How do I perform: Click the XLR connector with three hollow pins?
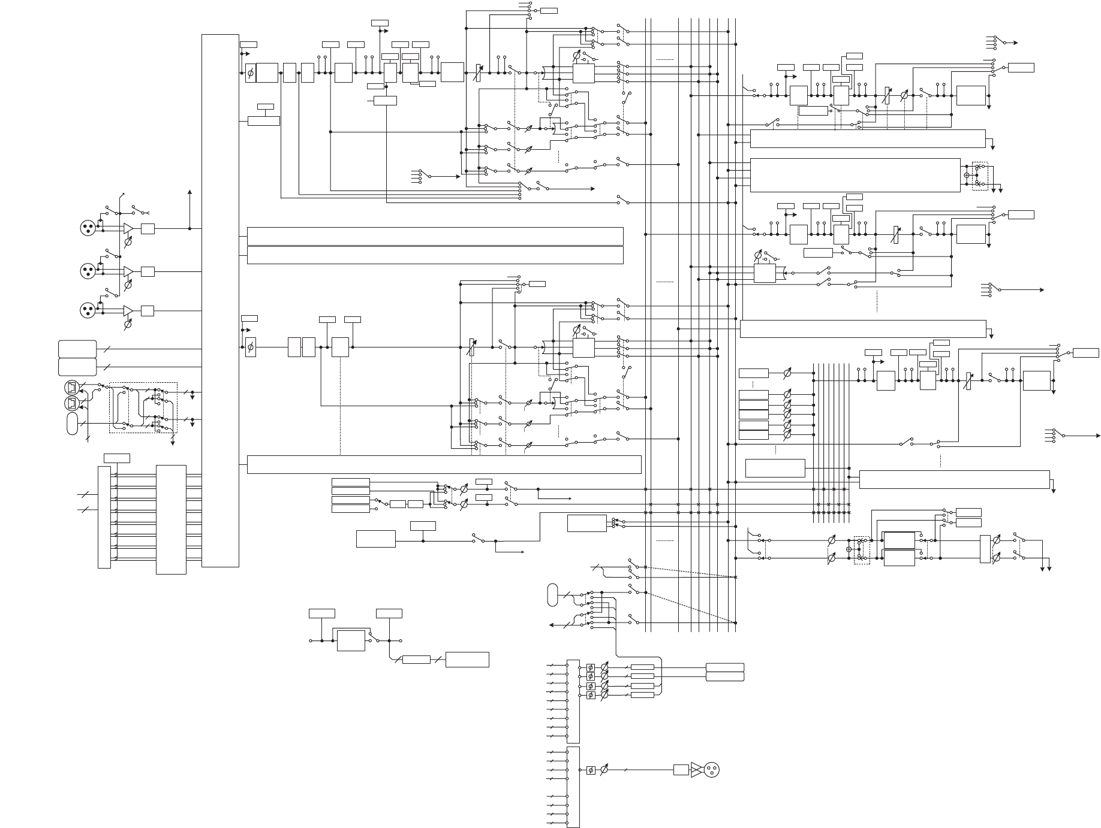point(711,770)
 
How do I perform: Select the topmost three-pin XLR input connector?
point(88,228)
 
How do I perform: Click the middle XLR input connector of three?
point(88,271)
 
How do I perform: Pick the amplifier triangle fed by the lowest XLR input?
point(128,310)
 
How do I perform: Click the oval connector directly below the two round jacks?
point(73,424)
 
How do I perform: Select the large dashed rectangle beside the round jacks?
point(143,407)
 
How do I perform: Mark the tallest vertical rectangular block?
point(220,300)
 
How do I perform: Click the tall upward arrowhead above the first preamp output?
point(190,192)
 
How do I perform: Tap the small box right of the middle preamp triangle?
point(148,271)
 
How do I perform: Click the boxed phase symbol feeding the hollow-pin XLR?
point(591,770)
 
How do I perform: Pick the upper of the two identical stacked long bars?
point(435,236)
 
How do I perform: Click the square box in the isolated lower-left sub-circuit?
point(351,640)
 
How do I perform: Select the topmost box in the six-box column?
point(753,373)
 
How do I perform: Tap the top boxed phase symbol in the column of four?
point(591,667)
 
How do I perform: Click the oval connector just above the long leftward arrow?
point(552,594)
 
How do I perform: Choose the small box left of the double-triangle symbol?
point(681,770)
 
